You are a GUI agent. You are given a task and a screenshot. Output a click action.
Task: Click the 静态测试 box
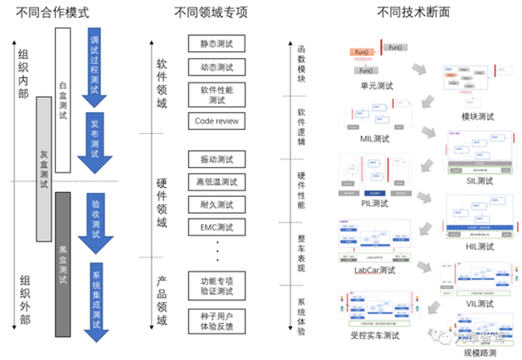point(217,44)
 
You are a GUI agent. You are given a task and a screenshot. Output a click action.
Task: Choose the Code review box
point(217,123)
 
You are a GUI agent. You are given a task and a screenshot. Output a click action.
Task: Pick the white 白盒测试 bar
point(64,95)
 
